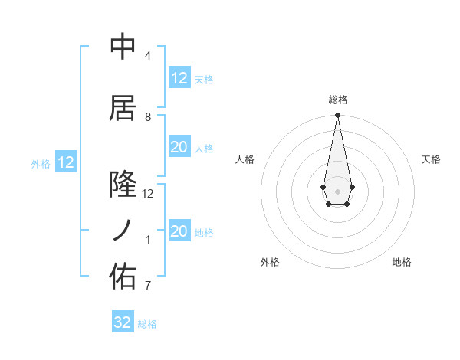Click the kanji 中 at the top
[x=123, y=47]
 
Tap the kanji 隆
[x=123, y=185]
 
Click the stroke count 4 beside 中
[x=147, y=56]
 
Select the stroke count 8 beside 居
[x=147, y=117]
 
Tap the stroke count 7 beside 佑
[x=147, y=286]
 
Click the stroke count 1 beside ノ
[x=147, y=240]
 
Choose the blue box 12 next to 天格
[x=179, y=78]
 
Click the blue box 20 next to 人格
[x=179, y=147]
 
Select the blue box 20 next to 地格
[x=179, y=231]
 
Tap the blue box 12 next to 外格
[x=66, y=162]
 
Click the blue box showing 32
[x=123, y=322]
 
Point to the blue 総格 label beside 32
[x=147, y=324]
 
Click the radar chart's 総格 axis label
[x=338, y=100]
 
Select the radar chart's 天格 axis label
[x=432, y=159]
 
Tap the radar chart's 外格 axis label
[x=270, y=262]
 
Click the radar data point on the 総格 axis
[x=337, y=116]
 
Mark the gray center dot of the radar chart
[x=337, y=190]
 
